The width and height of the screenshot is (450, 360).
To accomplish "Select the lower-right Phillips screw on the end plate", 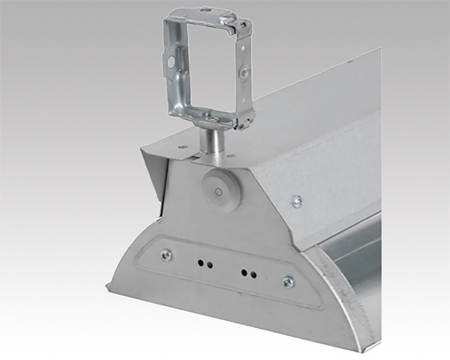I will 288,282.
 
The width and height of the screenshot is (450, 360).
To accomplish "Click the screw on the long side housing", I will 297,202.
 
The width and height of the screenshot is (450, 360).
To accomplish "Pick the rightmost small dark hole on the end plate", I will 254,275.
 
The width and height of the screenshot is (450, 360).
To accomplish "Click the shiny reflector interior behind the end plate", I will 358,254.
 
